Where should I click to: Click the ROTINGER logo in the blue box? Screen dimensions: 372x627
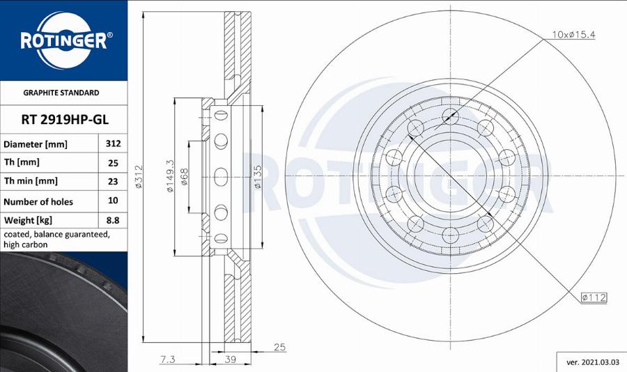[x=63, y=40]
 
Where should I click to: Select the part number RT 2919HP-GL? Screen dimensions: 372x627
[x=63, y=119]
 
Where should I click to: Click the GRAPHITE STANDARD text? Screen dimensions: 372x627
[x=61, y=93]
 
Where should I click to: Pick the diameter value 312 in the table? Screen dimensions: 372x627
[x=113, y=144]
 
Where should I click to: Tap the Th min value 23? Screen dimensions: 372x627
[x=113, y=181]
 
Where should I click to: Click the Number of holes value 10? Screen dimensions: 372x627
[x=113, y=201]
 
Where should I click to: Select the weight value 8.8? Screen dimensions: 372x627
[x=113, y=220]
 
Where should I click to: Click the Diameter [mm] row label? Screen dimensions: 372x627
[x=36, y=144]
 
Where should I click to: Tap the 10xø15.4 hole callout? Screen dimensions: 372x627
[x=573, y=34]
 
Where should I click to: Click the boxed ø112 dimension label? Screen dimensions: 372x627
[x=594, y=297]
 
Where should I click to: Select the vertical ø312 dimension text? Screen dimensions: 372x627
[x=139, y=180]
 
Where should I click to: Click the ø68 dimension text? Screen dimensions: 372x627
[x=185, y=177]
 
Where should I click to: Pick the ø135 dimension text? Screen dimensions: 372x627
[x=257, y=178]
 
